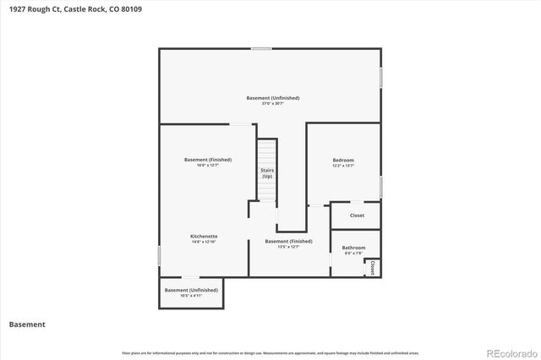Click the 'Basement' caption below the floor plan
(27, 324)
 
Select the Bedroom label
(343, 160)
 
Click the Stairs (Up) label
(267, 172)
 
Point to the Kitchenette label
(204, 236)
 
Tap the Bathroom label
(353, 248)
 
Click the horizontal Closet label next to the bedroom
(357, 215)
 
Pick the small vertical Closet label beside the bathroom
(372, 267)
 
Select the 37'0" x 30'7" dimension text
(273, 104)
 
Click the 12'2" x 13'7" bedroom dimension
(343, 166)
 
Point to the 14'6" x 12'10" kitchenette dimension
(204, 242)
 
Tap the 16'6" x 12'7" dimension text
(208, 166)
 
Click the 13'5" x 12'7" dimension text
(288, 247)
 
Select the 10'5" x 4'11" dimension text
(191, 296)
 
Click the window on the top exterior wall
(261, 48)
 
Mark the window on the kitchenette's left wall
(160, 255)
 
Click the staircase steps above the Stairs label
(267, 152)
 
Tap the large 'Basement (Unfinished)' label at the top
(273, 98)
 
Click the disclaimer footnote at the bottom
(270, 352)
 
